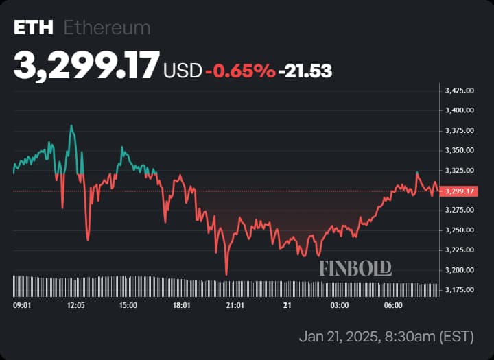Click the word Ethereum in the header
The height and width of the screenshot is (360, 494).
point(106,28)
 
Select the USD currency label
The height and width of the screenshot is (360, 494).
point(183,70)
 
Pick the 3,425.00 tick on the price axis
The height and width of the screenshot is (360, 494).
point(460,90)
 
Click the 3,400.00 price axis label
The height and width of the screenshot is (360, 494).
point(460,110)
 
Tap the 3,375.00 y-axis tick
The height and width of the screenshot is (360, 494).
point(460,130)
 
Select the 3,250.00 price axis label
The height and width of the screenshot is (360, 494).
point(460,230)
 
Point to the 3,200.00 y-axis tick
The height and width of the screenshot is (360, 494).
point(460,270)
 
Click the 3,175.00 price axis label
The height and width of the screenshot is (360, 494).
point(460,290)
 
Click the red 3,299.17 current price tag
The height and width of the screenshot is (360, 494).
point(460,191)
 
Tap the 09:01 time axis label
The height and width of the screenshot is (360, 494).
point(23,304)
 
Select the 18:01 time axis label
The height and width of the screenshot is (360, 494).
point(181,304)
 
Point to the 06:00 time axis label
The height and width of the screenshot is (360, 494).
point(393,304)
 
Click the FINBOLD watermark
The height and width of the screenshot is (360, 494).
point(355,268)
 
